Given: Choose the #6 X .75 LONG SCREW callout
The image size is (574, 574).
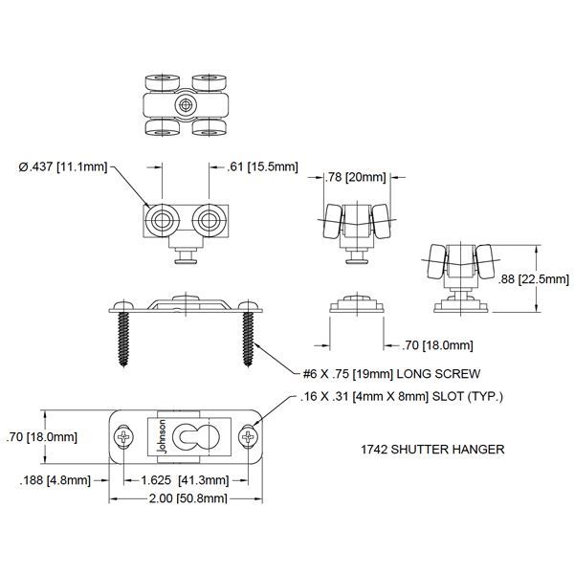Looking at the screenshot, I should (x=391, y=374).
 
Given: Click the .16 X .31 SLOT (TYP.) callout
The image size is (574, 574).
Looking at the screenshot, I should (x=401, y=396).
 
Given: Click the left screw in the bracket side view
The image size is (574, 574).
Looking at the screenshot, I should (x=124, y=339).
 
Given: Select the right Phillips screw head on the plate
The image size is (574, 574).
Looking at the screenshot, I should (x=249, y=437).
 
